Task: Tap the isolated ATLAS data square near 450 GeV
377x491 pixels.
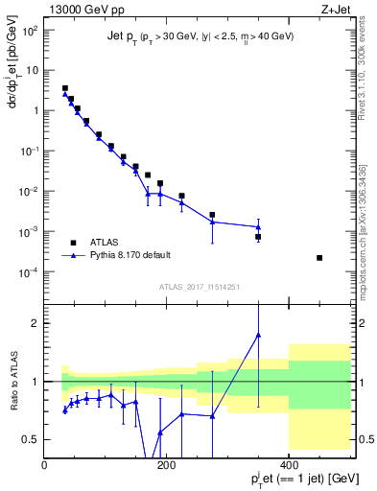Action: [x=319, y=258]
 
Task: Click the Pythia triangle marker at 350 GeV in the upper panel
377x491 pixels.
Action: [x=258, y=227]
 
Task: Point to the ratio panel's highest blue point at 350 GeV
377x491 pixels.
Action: [x=258, y=335]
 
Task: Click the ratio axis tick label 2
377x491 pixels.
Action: [x=35, y=323]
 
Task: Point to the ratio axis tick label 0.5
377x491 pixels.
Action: [x=30, y=439]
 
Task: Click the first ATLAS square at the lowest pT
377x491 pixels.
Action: [x=65, y=88]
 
